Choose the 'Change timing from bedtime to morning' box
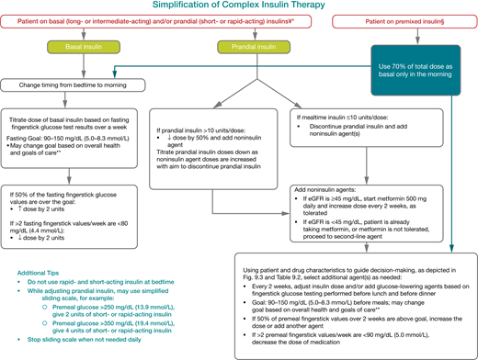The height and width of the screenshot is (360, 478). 75,85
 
